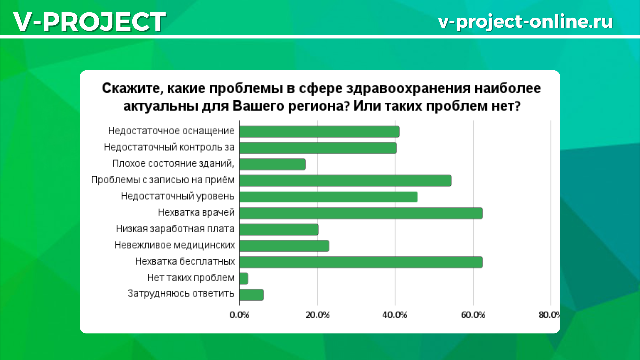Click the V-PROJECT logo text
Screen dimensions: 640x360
[89, 22]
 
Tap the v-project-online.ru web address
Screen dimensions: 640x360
[525, 22]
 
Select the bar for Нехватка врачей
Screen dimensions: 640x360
[361, 213]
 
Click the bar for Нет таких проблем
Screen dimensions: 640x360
[244, 278]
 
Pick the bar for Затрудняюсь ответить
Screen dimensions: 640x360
[252, 295]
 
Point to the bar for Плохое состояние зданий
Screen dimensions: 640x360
[273, 164]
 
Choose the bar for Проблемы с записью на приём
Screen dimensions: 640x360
[345, 180]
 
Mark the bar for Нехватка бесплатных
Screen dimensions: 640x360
[361, 262]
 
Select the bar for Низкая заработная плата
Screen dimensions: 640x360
[279, 229]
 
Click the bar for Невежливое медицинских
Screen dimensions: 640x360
[284, 246]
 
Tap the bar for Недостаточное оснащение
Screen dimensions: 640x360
[319, 132]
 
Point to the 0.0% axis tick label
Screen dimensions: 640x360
[239, 315]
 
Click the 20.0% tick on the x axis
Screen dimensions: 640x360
[317, 315]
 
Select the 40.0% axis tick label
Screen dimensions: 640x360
[395, 315]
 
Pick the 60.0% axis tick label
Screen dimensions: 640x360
[473, 315]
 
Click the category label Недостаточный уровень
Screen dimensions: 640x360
[178, 196]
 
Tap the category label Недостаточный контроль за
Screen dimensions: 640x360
[169, 147]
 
